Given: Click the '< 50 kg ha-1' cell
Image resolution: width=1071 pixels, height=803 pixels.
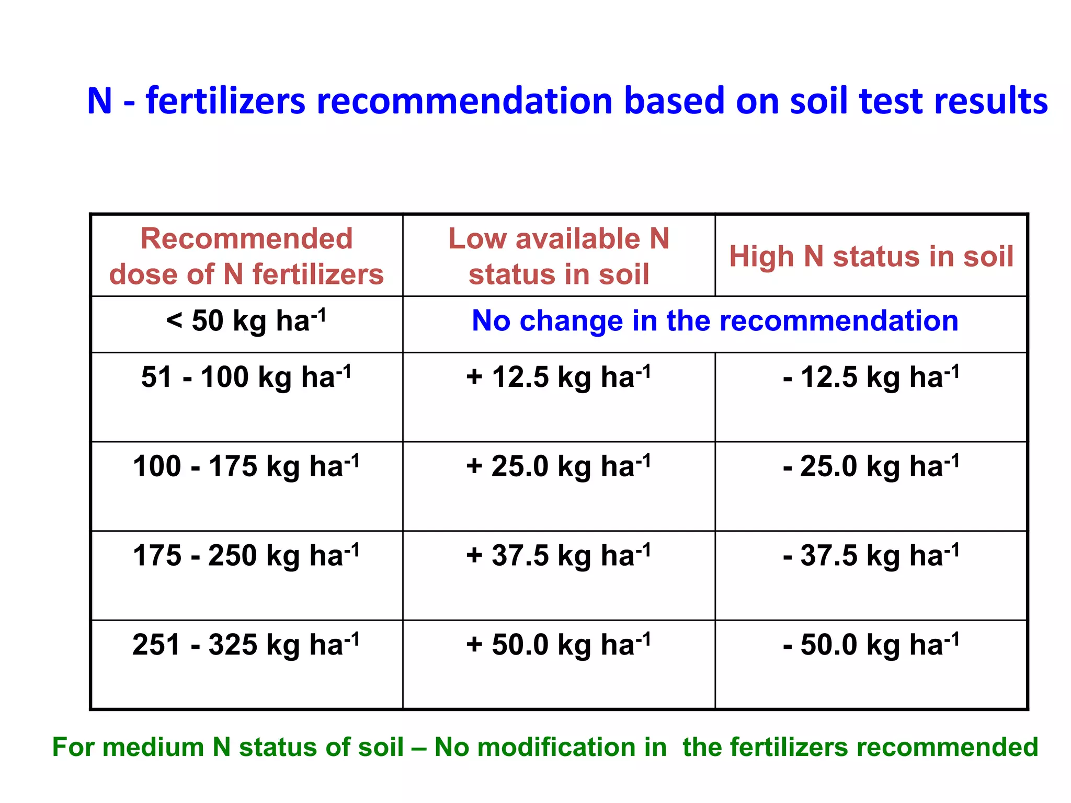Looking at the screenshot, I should [246, 321].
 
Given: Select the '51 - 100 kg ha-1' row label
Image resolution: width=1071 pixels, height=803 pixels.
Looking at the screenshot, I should [246, 377].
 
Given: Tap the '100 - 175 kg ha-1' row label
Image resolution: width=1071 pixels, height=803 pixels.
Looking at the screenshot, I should [246, 466].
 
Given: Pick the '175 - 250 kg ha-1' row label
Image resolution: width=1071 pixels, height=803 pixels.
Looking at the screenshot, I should [246, 556].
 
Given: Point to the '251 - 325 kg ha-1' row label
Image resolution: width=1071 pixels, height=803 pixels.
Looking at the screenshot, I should [246, 645].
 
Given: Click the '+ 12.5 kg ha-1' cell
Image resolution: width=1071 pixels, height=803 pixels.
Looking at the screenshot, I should [559, 377].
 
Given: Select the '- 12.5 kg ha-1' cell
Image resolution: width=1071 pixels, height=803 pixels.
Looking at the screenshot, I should [871, 377].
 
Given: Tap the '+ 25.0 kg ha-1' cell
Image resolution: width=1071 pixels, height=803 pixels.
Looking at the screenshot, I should [559, 466].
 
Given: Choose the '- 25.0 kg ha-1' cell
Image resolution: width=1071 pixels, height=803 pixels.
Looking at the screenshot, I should [871, 466].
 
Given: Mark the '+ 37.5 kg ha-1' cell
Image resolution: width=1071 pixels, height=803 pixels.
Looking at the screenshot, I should [559, 556].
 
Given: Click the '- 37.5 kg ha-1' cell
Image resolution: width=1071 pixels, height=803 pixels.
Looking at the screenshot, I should [871, 556].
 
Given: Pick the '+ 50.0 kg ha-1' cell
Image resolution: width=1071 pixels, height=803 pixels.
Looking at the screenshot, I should [559, 645].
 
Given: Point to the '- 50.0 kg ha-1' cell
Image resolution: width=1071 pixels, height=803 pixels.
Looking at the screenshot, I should [871, 645].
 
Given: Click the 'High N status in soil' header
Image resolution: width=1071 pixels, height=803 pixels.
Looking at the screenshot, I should [871, 257].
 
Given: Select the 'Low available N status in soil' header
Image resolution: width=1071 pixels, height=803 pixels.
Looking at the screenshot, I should [559, 256].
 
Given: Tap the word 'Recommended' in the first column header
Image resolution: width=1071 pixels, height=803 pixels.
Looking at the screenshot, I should [246, 239].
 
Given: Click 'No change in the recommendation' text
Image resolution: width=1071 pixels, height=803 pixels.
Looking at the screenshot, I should [715, 320].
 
